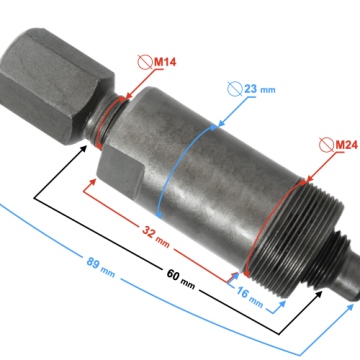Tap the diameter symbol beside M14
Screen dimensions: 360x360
tap(147, 62)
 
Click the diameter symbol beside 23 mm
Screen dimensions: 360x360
tap(235, 89)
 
